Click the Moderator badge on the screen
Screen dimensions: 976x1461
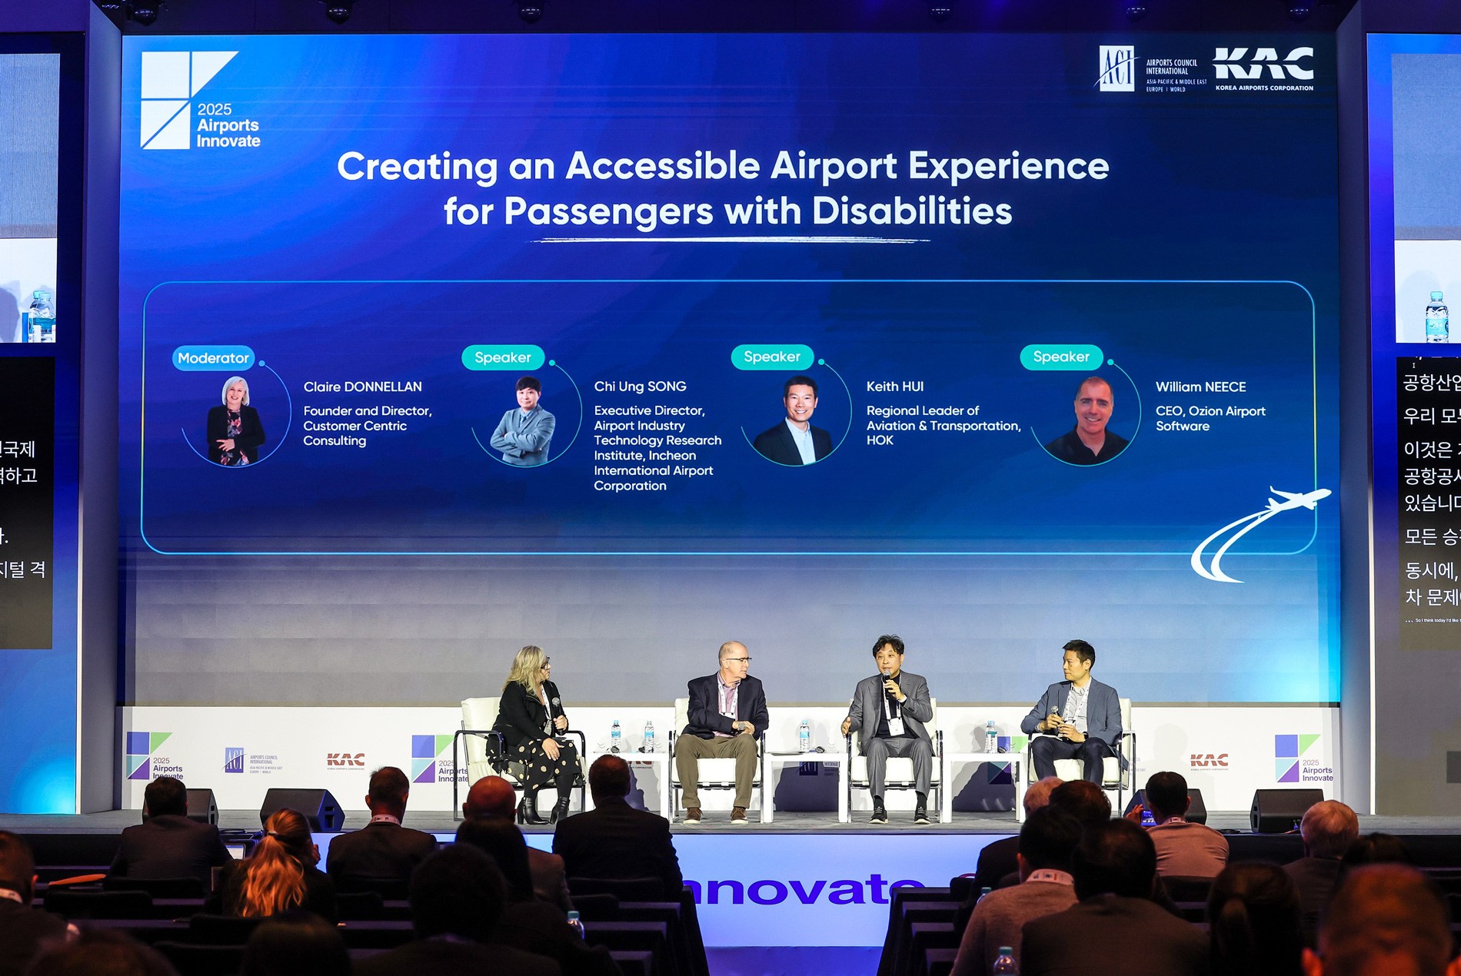click(x=213, y=358)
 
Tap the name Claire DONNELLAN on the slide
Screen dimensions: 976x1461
click(x=362, y=387)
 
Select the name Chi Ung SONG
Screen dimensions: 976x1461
click(x=640, y=387)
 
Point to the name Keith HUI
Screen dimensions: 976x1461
click(x=894, y=387)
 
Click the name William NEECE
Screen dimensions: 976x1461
click(x=1200, y=387)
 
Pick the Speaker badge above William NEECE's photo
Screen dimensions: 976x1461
click(x=1060, y=357)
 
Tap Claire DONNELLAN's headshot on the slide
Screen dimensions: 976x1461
click(x=235, y=420)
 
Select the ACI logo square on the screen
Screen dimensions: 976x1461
click(x=1117, y=68)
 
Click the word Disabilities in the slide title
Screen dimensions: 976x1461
click(x=911, y=211)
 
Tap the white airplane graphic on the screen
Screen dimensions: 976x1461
click(x=1300, y=499)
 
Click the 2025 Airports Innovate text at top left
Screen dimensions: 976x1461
click(x=228, y=125)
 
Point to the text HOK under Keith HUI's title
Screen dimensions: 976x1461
click(x=880, y=440)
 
